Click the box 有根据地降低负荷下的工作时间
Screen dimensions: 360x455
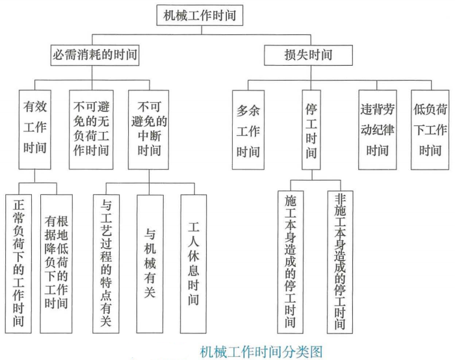[x=57, y=260]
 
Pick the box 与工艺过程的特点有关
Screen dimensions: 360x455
[x=107, y=260]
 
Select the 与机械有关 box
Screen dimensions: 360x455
[x=151, y=260]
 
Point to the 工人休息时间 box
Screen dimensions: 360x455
[x=194, y=260]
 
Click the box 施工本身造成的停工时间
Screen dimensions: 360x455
[x=291, y=260]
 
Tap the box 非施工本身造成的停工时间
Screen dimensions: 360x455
[x=341, y=260]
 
